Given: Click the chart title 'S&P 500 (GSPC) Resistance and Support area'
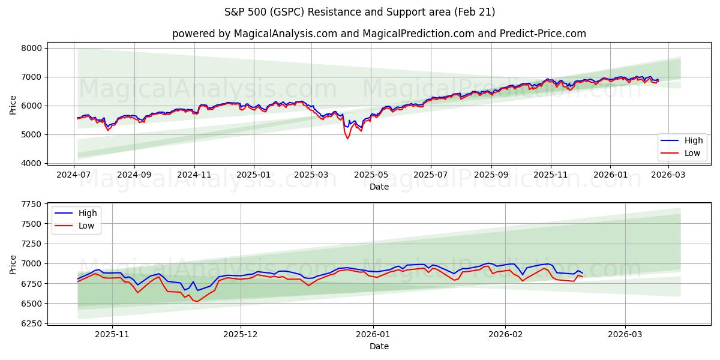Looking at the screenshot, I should pyautogui.click(x=359, y=12).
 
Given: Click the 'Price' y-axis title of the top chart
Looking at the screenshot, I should pyautogui.click(x=13, y=106).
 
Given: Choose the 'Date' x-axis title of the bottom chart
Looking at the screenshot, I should pyautogui.click(x=379, y=346).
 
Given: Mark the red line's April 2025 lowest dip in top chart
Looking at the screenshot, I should pyautogui.click(x=347, y=139).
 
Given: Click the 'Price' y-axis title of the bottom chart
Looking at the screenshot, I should pyautogui.click(x=13, y=264).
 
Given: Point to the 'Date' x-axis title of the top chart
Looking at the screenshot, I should pyautogui.click(x=379, y=187).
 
